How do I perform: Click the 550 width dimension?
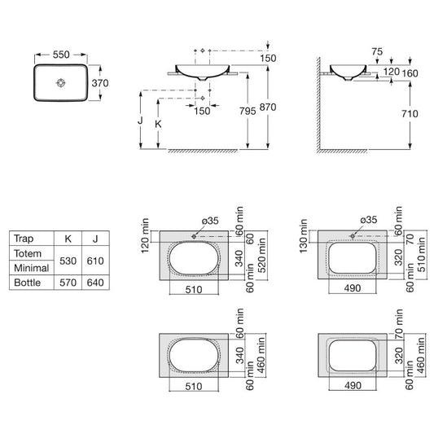(x=61, y=55)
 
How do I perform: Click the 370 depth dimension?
(x=100, y=83)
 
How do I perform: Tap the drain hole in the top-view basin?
(x=61, y=83)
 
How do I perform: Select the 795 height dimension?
(x=248, y=111)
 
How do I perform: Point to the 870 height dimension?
(x=268, y=107)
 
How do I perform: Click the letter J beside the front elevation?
(x=140, y=121)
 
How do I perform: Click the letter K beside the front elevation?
(x=158, y=124)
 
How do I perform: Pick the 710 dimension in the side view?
(x=410, y=114)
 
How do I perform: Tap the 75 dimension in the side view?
(x=377, y=51)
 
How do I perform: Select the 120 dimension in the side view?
(x=392, y=72)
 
